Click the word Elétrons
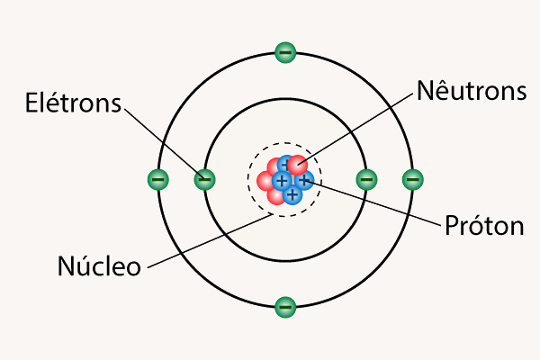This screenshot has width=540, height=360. point(72,103)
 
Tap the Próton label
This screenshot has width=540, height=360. point(484,226)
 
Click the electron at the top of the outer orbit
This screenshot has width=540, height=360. point(284,52)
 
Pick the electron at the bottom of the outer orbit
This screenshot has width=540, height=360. point(284,307)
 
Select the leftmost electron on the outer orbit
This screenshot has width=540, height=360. point(157,179)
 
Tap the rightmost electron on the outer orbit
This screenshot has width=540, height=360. point(412,179)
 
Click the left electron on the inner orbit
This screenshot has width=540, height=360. point(204,179)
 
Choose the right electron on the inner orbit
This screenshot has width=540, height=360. point(365,179)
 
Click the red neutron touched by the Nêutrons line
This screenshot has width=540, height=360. point(297,165)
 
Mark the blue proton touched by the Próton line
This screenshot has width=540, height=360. point(304,181)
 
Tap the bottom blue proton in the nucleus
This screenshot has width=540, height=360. point(292,193)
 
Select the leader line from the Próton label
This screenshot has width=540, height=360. point(378,202)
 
